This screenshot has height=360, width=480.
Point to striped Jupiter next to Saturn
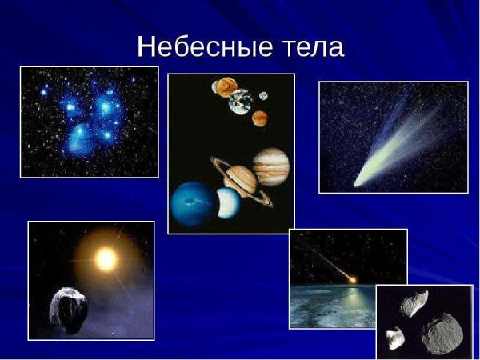pyautogui.click(x=270, y=166)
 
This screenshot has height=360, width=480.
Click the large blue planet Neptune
pyautogui.click(x=191, y=203)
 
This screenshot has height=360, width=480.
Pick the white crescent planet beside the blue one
pyautogui.click(x=228, y=205)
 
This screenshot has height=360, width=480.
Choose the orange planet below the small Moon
pyautogui.click(x=260, y=118)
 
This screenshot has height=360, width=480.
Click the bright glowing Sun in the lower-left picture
pyautogui.click(x=106, y=258)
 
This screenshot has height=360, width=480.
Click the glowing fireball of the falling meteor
pyautogui.click(x=351, y=279)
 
